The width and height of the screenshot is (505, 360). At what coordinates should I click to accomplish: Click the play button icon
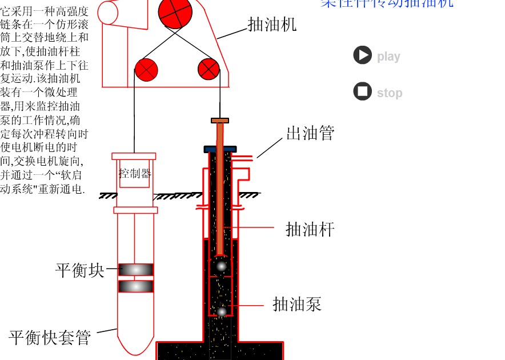click(x=362, y=55)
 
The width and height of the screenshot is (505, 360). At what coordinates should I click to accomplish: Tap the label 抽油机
click(x=272, y=24)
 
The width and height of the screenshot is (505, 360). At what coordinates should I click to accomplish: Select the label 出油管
click(x=310, y=133)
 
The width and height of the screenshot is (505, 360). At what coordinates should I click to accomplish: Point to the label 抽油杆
click(x=310, y=230)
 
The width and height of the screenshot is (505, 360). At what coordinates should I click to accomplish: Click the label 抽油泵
click(x=297, y=304)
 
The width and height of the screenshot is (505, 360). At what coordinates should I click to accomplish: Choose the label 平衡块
click(x=80, y=270)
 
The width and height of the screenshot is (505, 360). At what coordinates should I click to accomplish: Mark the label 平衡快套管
click(x=50, y=338)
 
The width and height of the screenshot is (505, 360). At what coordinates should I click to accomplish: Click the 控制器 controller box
click(x=135, y=174)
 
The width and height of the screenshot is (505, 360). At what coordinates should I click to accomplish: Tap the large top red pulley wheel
click(x=175, y=13)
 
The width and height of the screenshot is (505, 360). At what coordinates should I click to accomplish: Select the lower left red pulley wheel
click(x=146, y=70)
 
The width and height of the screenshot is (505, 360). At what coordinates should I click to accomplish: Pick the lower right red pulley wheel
click(x=209, y=69)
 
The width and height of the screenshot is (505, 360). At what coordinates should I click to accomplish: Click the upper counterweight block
click(x=135, y=270)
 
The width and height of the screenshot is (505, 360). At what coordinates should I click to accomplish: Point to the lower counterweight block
click(x=135, y=286)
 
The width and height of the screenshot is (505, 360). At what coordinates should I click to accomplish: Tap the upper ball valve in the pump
click(x=221, y=266)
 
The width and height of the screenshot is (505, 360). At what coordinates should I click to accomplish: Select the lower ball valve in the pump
click(x=222, y=311)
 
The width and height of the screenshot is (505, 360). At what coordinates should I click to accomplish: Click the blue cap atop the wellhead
click(x=220, y=149)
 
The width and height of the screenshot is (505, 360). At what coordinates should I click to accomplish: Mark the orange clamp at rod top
click(x=220, y=121)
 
